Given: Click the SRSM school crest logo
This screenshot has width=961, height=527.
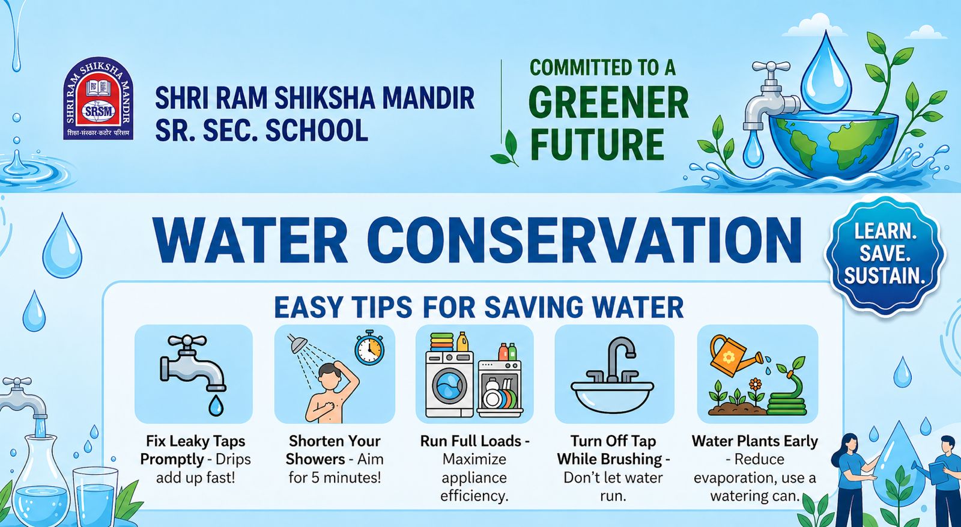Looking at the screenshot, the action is click(99, 99).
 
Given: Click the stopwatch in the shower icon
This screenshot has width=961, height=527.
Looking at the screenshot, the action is click(369, 349).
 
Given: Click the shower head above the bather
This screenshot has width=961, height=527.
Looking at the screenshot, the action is click(297, 343).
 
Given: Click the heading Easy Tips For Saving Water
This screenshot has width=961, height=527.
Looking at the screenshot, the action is click(478, 307).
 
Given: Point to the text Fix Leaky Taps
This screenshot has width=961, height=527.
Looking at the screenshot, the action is click(196, 441).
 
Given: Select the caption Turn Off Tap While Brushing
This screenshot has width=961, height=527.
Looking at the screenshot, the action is click(613, 450).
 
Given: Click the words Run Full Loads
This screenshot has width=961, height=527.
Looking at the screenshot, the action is click(471, 441).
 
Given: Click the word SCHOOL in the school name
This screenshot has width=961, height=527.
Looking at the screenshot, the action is click(317, 130).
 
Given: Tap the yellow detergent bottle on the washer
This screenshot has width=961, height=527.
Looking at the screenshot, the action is click(462, 342).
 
